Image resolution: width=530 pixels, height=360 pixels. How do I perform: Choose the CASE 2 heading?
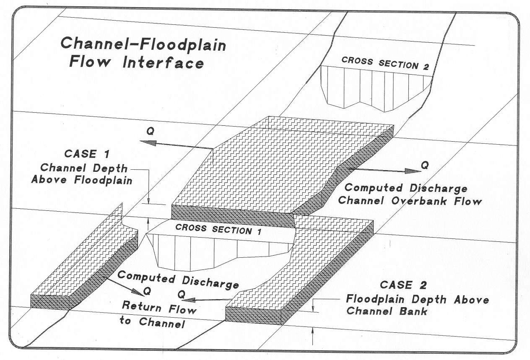tap(403, 285)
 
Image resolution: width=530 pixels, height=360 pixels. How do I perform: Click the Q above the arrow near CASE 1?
tap(150, 131)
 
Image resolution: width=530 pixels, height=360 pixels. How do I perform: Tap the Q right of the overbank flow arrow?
tap(425, 166)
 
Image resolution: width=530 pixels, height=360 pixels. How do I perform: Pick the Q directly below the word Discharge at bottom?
tap(182, 295)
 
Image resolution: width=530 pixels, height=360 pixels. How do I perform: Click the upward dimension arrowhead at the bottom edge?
tap(313, 331)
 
